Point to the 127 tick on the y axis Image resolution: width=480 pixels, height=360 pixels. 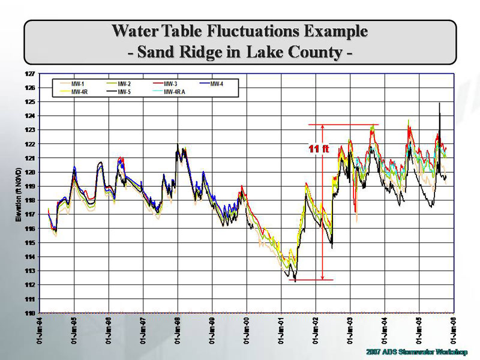31,74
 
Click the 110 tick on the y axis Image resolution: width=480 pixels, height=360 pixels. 31,313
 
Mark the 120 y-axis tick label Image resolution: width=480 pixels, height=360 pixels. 31,172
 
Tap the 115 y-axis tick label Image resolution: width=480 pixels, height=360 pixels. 31,243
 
